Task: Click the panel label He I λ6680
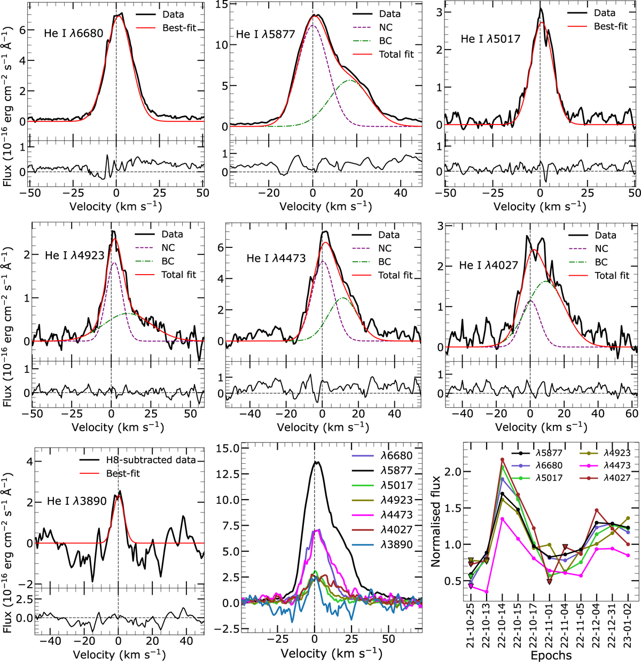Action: coord(74,33)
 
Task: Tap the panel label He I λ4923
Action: coord(74,255)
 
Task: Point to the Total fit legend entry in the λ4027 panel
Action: coord(599,275)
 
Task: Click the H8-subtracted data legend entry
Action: coord(138,460)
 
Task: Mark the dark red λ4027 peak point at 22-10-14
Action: coord(502,459)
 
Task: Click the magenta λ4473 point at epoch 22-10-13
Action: coord(487,592)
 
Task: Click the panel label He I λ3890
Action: coord(77,501)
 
